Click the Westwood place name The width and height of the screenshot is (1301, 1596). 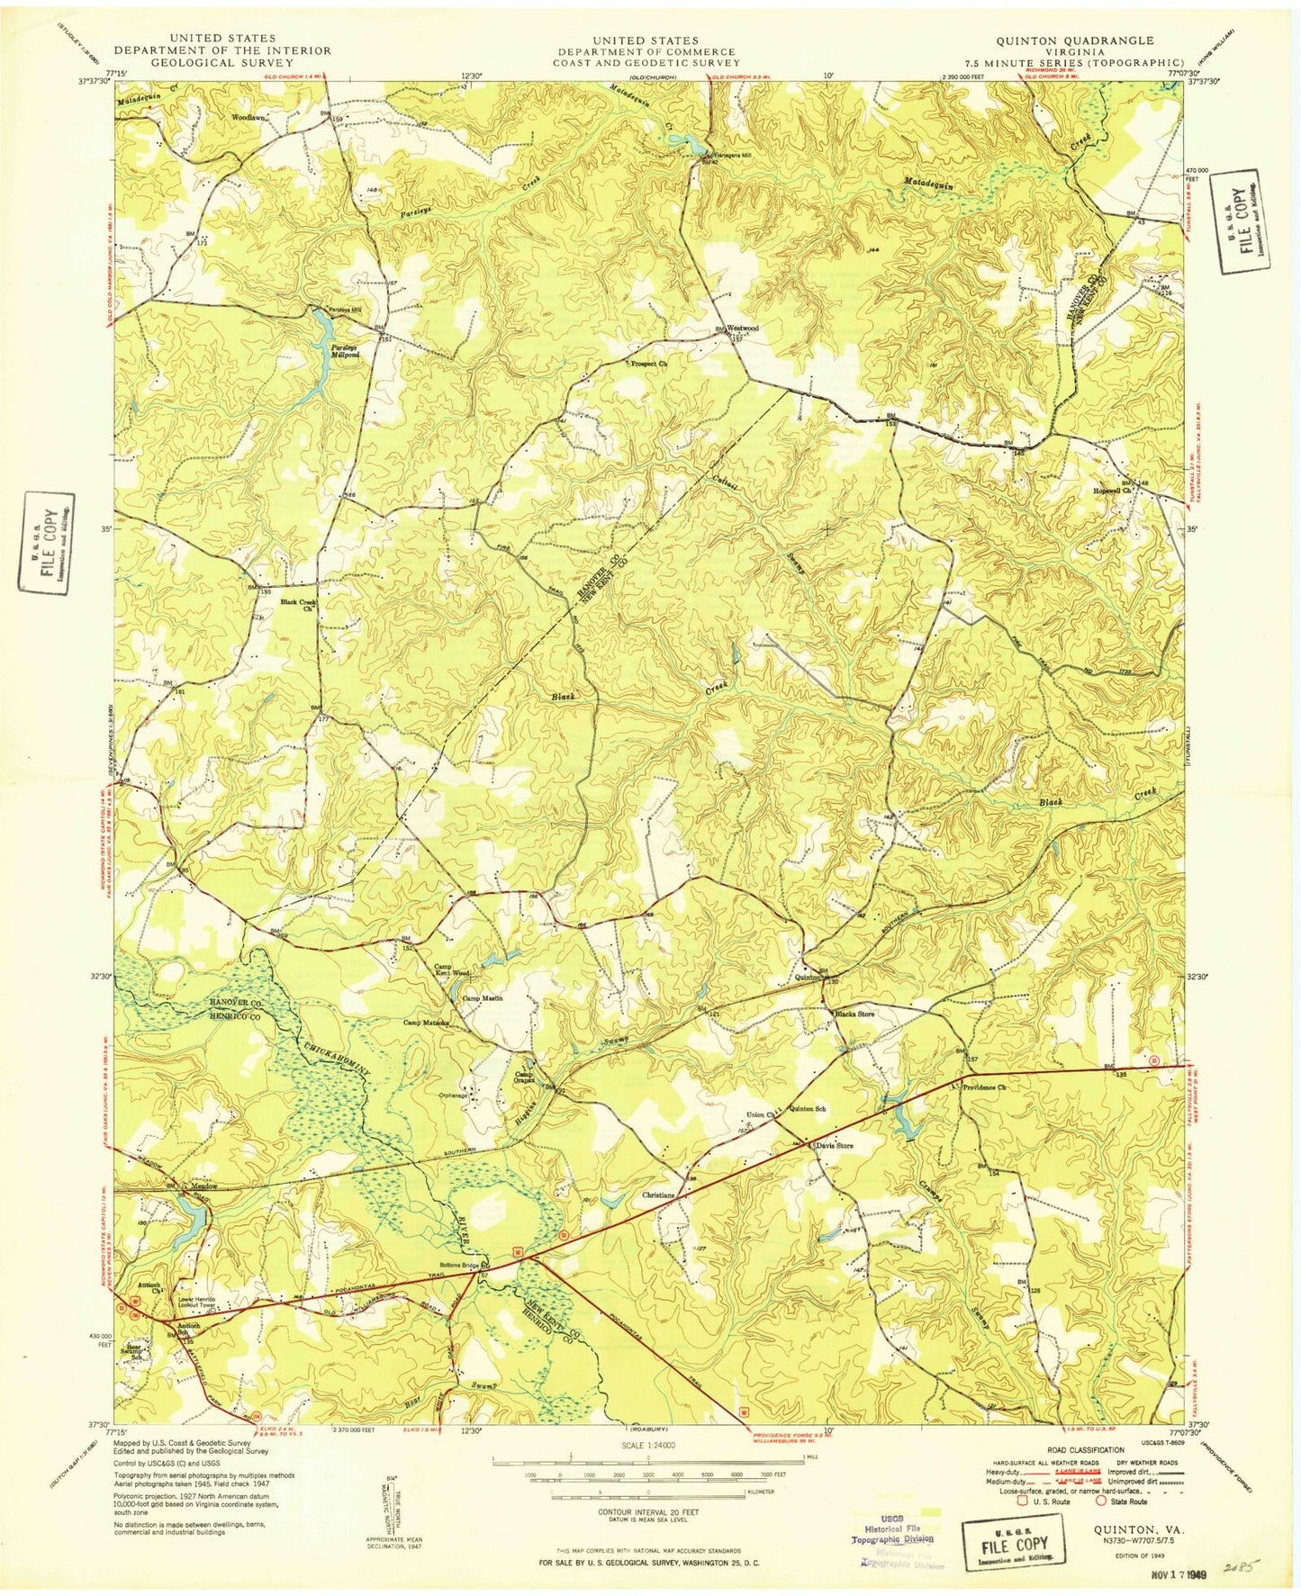(x=743, y=329)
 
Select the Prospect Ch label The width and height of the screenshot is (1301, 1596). (x=647, y=364)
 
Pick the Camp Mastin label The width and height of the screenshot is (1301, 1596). (x=482, y=998)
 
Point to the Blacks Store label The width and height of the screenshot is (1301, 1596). (x=854, y=1014)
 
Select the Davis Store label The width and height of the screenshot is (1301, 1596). (x=834, y=1146)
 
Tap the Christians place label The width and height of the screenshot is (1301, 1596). (x=659, y=1195)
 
